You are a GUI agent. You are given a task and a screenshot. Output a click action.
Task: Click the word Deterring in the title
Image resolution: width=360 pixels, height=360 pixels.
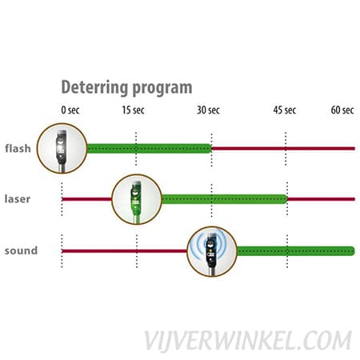point(94,87)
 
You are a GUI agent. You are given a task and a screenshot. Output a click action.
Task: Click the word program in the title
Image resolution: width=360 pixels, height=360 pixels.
point(162,89)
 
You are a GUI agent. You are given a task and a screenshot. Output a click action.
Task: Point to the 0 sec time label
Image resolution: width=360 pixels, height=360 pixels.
point(70,110)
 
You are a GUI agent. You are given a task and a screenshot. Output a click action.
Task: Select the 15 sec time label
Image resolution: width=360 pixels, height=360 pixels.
point(134,110)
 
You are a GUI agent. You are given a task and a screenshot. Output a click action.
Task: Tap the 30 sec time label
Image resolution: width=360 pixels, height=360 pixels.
point(208,110)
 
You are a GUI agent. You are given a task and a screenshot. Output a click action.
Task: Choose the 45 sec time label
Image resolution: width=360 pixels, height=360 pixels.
point(285,110)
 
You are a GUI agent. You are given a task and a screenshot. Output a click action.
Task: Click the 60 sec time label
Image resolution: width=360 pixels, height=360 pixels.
point(342,110)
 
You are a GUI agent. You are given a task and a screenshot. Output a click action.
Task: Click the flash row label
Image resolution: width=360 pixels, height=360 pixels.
point(18,148)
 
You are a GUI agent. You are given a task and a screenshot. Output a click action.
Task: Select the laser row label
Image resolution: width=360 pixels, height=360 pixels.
point(18,199)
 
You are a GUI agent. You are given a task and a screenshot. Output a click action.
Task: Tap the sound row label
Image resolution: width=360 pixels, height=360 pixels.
point(21,250)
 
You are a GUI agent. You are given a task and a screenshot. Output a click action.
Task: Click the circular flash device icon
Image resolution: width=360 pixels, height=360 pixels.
point(62,148)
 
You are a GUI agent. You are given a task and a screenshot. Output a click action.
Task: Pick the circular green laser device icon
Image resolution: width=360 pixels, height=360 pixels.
point(137,199)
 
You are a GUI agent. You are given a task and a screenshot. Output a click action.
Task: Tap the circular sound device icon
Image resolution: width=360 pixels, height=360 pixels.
point(212,251)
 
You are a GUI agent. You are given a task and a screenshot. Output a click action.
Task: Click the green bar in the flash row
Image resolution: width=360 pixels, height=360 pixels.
point(149,149)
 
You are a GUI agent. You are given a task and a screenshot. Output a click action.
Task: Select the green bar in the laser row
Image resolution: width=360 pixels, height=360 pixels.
point(225,199)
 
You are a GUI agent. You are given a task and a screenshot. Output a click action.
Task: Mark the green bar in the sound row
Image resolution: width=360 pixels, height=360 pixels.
point(296,251)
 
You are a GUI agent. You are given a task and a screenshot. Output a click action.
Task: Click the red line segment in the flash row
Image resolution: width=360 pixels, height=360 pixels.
point(283,149)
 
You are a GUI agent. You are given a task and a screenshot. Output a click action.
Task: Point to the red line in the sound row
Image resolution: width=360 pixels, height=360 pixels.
point(125,251)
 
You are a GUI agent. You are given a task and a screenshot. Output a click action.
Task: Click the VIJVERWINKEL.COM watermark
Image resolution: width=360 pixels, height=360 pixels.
point(248,341)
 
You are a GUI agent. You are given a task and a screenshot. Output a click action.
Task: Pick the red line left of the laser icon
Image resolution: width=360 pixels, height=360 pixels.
point(86,199)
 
